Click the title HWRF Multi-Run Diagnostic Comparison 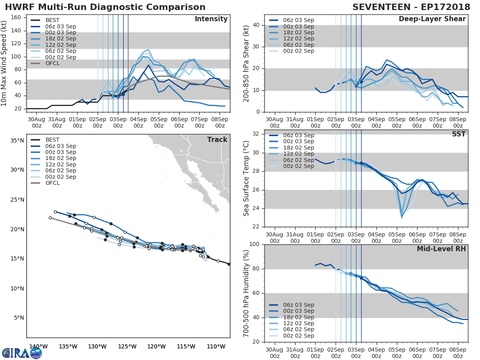[x=105, y=7]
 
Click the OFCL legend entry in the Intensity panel [x=52, y=64]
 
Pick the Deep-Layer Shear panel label [x=432, y=19]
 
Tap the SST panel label [x=458, y=134]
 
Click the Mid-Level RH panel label [x=441, y=249]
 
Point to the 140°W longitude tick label [x=38, y=346]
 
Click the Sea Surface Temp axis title [x=246, y=178]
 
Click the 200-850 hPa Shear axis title [x=246, y=63]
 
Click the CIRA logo [x=22, y=353]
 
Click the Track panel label [x=217, y=140]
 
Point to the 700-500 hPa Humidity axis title [x=246, y=293]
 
